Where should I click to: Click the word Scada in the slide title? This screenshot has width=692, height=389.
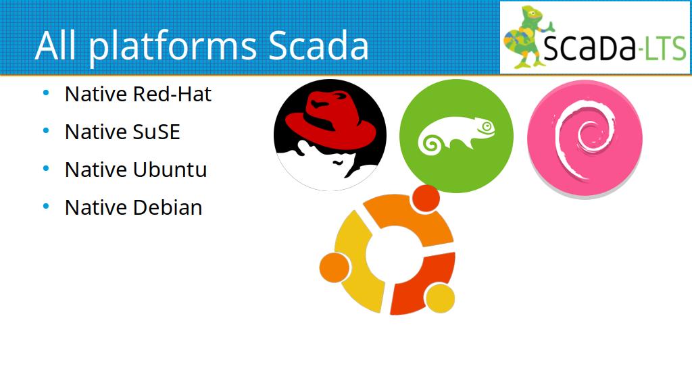pyautogui.click(x=318, y=45)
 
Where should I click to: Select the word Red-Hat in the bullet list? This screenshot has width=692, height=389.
pyautogui.click(x=172, y=94)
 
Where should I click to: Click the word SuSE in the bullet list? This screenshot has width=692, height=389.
pyautogui.click(x=156, y=132)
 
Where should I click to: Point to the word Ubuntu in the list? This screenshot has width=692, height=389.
pyautogui.click(x=170, y=170)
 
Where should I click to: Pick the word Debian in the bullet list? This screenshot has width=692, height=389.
pyautogui.click(x=168, y=207)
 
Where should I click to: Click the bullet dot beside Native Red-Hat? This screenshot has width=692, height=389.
pyautogui.click(x=46, y=93)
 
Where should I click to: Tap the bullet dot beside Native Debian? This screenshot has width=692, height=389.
pyautogui.click(x=46, y=206)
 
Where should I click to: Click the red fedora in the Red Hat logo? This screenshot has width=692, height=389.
pyautogui.click(x=330, y=119)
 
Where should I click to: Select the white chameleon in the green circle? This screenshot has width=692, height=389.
pyautogui.click(x=456, y=134)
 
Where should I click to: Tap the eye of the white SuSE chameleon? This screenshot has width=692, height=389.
pyautogui.click(x=487, y=126)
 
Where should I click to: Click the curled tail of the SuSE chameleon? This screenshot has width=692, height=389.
pyautogui.click(x=430, y=145)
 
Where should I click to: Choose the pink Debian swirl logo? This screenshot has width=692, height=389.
pyautogui.click(x=585, y=138)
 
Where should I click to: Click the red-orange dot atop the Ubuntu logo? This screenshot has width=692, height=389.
pyautogui.click(x=426, y=199)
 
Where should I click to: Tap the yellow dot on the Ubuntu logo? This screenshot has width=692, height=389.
pyautogui.click(x=439, y=298)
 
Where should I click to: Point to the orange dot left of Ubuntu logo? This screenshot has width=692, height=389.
pyautogui.click(x=335, y=267)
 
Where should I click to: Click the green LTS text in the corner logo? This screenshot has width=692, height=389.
pyautogui.click(x=666, y=48)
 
